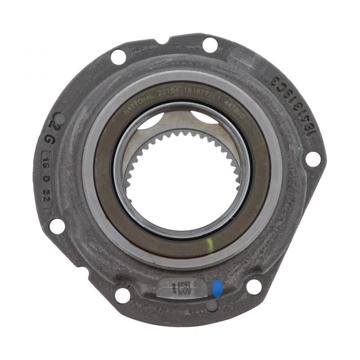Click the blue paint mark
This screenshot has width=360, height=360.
(218, 288)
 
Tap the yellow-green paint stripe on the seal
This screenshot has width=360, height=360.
(210, 246)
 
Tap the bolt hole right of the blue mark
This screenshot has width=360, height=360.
(254, 286)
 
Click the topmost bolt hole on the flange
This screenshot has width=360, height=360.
(210, 45)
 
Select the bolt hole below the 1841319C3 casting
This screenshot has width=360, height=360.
(312, 158)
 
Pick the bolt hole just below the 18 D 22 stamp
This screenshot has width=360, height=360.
(57, 225)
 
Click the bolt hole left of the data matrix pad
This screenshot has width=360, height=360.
(122, 295)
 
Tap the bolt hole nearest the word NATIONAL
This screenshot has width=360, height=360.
(118, 57)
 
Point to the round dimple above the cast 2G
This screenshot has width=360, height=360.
(61, 118)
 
